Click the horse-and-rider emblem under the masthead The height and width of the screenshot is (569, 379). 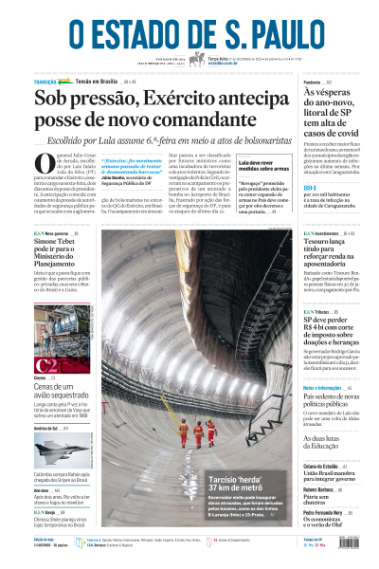click(196, 59)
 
